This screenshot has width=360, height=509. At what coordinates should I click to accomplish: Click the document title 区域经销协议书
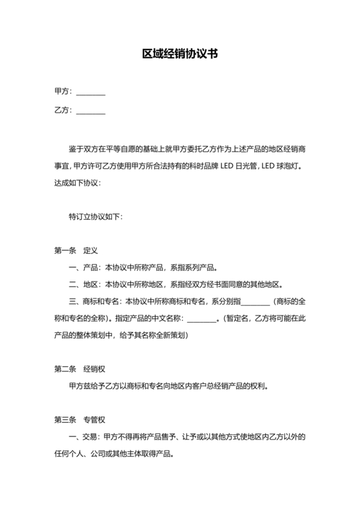180,55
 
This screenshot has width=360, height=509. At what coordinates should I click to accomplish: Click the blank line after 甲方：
91,93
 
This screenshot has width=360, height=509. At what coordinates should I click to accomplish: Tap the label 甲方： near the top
64,92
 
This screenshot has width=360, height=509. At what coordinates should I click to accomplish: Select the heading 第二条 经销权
80,370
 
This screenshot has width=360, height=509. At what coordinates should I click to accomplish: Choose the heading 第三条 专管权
80,421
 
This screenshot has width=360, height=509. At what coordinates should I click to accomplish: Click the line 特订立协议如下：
95,216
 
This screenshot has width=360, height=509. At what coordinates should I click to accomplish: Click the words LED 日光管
242,165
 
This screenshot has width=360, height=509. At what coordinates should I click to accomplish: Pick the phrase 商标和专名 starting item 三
102,301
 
